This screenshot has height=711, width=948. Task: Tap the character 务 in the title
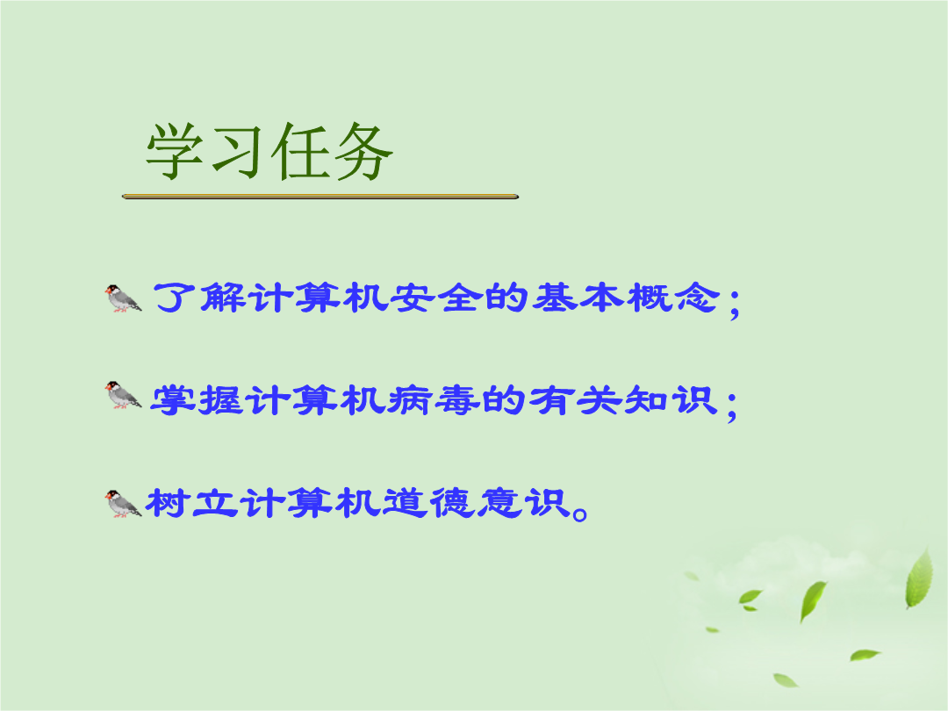(363, 152)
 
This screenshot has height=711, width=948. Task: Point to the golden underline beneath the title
(320, 197)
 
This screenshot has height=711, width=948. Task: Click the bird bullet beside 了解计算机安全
(124, 298)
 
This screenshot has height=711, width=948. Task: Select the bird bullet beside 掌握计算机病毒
(124, 395)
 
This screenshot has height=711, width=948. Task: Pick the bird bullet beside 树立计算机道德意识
(124, 504)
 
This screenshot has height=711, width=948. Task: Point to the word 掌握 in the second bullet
(197, 400)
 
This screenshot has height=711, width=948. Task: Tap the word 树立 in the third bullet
(192, 503)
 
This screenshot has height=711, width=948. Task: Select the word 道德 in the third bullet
(429, 503)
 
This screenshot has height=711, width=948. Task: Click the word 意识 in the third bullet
(523, 503)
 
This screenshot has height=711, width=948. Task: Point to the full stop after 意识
(579, 513)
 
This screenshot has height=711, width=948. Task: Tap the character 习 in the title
(238, 152)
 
